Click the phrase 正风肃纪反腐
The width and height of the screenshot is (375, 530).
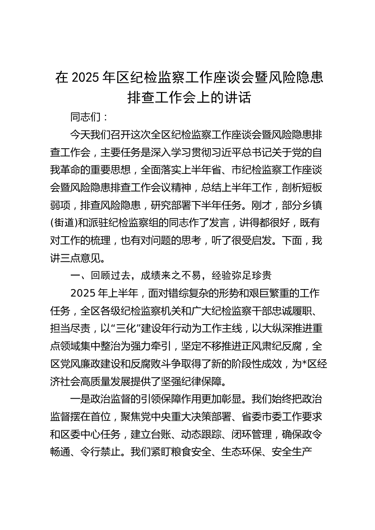[272, 346]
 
